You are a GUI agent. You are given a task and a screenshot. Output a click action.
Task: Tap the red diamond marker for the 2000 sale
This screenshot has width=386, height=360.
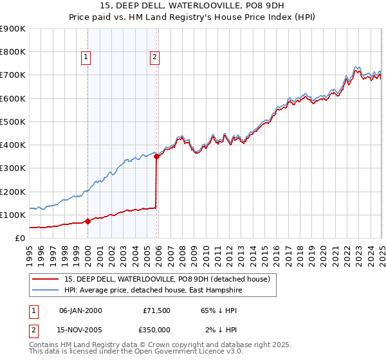tap(88, 222)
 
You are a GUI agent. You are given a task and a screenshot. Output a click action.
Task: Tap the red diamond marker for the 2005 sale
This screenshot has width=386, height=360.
tap(157, 156)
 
